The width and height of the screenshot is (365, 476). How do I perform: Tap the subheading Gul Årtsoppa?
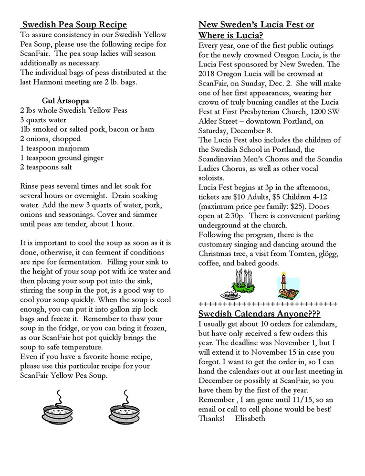coord(69,100)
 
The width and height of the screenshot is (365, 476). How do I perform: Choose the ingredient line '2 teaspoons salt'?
coord(46,168)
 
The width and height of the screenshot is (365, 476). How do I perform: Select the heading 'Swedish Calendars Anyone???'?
coord(259,314)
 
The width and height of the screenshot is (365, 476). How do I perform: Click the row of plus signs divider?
coord(268,304)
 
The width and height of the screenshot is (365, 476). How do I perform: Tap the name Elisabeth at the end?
coord(250,418)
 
